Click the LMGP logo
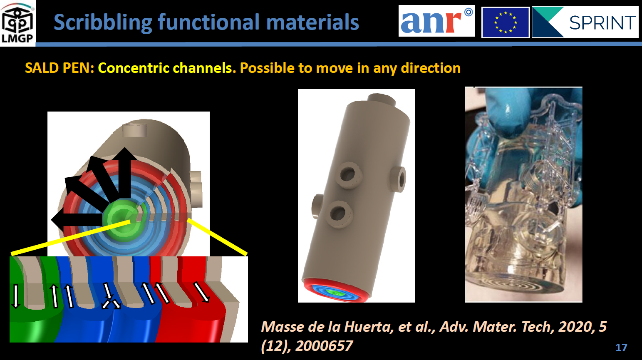(17, 23)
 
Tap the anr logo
(436, 21)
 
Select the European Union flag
(505, 22)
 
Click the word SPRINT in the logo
(602, 22)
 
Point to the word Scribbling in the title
(103, 22)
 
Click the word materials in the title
(313, 22)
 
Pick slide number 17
(621, 348)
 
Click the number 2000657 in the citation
(324, 346)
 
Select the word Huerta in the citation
(368, 327)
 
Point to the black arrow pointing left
(77, 220)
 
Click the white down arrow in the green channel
(16, 296)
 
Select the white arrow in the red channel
(201, 292)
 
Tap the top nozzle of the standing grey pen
(381, 99)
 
